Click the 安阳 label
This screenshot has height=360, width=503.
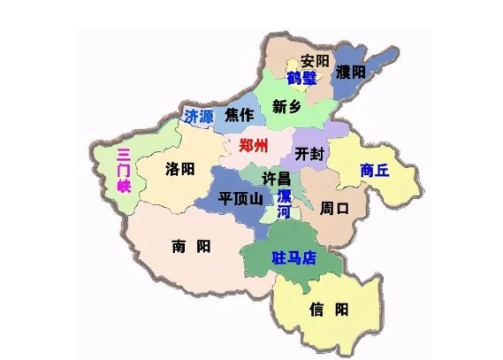(314, 61)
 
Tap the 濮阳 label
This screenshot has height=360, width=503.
(351, 73)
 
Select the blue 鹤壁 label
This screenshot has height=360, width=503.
(301, 78)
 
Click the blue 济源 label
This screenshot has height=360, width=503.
(199, 116)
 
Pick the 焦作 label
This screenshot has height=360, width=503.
(239, 116)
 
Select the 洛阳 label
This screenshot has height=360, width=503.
(180, 168)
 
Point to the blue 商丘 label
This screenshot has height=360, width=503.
(374, 169)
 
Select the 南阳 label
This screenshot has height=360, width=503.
(191, 247)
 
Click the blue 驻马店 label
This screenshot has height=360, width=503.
(293, 258)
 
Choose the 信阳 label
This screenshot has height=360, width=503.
(328, 309)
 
